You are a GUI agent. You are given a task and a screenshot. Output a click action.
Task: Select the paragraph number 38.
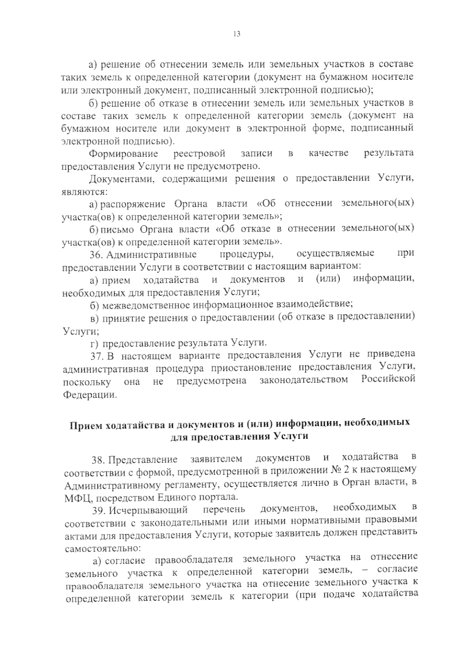[x=98, y=460]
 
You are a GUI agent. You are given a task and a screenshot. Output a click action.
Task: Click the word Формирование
[x=123, y=154]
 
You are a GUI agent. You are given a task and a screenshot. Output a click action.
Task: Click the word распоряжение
[x=133, y=204]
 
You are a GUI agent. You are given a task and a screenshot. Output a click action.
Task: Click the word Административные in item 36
[x=151, y=255]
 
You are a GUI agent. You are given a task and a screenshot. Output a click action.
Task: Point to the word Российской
[x=388, y=379]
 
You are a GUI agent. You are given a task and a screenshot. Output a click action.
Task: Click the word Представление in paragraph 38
[x=143, y=460]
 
